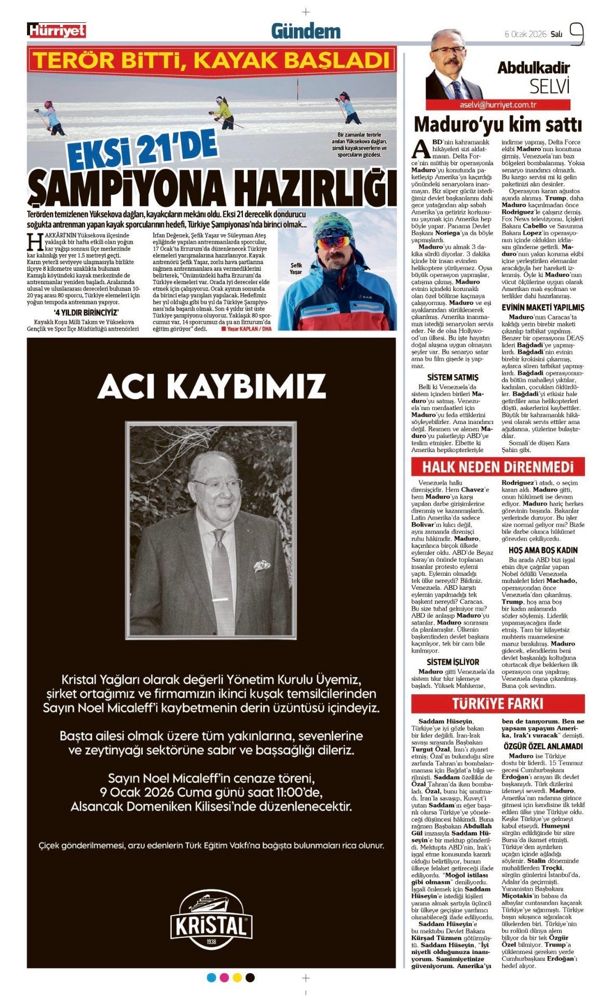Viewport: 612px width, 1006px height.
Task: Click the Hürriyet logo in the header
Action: (57, 31)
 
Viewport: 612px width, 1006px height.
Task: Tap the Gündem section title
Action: (306, 32)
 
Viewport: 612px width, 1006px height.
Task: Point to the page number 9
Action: (576, 34)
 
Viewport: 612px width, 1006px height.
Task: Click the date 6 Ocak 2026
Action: (525, 34)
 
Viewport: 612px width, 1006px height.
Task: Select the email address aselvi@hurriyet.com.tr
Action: (498, 104)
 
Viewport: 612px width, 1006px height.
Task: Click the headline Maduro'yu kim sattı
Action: (498, 125)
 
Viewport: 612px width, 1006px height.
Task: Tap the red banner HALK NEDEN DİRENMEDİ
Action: (498, 467)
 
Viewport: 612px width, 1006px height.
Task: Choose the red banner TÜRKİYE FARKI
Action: (498, 704)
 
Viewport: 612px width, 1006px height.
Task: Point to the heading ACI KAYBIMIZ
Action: (211, 386)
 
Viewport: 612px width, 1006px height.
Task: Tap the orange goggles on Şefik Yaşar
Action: (333, 242)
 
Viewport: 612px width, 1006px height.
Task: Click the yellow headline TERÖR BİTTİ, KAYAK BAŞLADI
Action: (211, 60)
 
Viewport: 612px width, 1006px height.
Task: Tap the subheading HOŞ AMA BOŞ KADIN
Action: (542, 550)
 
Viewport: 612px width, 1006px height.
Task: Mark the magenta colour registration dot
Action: (224, 977)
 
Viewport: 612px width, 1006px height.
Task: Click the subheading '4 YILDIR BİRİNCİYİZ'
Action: (86, 312)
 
